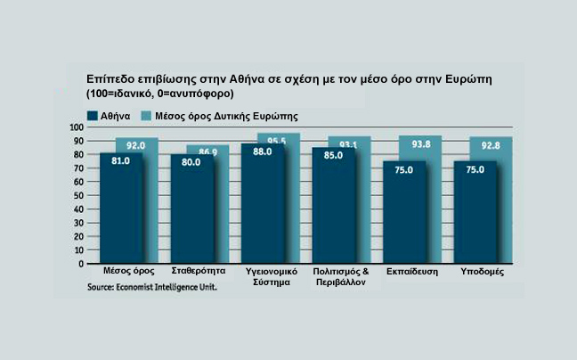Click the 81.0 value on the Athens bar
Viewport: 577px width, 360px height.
tap(121, 160)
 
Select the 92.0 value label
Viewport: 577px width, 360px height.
tap(136, 145)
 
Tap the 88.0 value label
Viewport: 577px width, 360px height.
tap(262, 152)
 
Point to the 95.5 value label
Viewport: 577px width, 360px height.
tap(278, 141)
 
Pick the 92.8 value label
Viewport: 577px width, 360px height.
tap(489, 144)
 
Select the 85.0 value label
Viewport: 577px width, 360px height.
tap(333, 156)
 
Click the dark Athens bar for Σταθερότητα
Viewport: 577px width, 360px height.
tap(191, 214)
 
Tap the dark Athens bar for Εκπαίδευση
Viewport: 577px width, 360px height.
tap(403, 218)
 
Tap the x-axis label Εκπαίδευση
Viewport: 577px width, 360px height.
tap(410, 271)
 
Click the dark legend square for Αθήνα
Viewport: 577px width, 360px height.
tap(92, 115)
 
